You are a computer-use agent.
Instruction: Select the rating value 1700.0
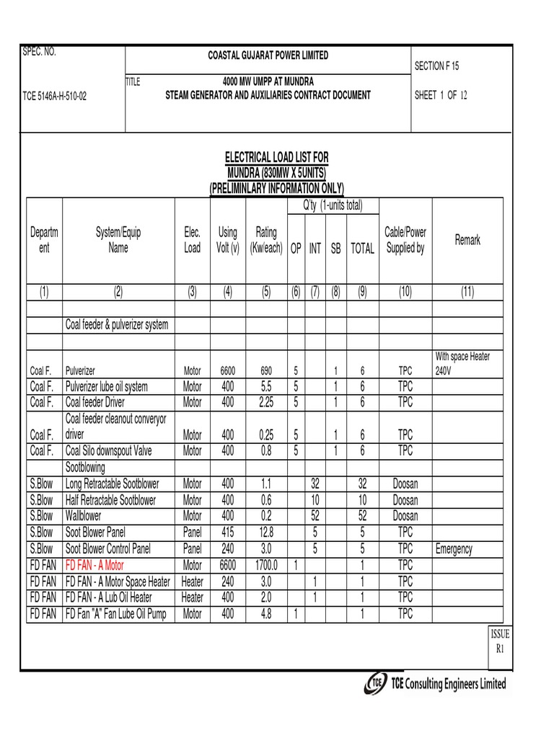[266, 565]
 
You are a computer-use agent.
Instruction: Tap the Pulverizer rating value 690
[266, 371]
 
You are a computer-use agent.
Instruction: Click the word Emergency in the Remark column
[454, 549]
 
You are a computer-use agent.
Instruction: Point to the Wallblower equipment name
[84, 517]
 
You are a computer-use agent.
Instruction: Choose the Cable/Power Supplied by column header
[405, 240]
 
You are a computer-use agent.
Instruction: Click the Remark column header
[467, 240]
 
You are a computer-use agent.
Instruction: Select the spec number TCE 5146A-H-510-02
[55, 96]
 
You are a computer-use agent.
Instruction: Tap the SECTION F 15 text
[436, 66]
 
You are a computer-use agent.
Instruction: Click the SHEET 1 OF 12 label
[441, 95]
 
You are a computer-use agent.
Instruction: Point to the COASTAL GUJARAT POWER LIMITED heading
[268, 55]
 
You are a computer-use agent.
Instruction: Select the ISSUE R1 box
[500, 641]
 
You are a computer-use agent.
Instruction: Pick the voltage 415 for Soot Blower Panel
[228, 533]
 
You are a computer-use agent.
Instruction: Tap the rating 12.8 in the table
[266, 533]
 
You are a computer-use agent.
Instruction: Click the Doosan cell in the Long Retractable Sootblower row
[405, 484]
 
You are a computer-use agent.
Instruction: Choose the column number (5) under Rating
[266, 292]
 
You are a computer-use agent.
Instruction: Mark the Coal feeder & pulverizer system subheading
[117, 325]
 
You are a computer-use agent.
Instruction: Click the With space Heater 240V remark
[462, 363]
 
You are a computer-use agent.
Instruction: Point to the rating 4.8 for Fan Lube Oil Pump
[266, 613]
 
